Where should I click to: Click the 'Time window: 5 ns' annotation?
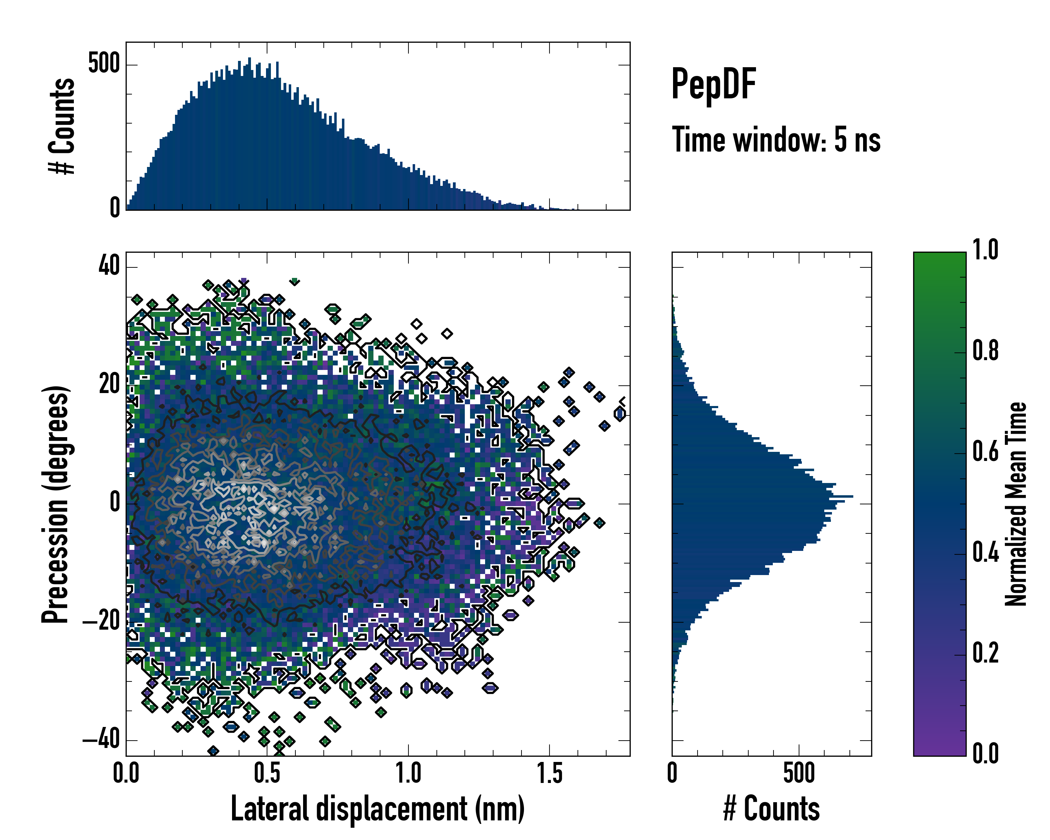[x=776, y=140]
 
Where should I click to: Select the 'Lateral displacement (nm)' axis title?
[x=377, y=809]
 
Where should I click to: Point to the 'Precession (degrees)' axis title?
[x=55, y=504]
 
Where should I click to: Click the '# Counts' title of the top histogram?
[x=62, y=126]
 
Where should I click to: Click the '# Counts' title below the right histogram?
[x=771, y=809]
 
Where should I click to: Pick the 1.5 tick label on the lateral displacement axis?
[x=549, y=773]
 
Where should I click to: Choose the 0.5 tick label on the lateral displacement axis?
[x=267, y=773]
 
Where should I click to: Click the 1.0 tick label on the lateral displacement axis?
[x=408, y=773]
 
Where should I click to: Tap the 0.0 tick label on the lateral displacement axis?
[x=126, y=773]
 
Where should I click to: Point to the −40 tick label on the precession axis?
[x=101, y=740]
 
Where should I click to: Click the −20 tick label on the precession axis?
[x=101, y=621]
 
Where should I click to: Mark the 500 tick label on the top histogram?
[x=104, y=64]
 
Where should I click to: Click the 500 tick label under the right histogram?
[x=799, y=773]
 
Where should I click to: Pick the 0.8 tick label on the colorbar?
[x=985, y=351]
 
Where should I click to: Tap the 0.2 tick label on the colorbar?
[x=985, y=653]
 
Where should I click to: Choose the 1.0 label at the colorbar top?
[x=985, y=250]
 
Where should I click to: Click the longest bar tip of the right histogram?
[x=852, y=496]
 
